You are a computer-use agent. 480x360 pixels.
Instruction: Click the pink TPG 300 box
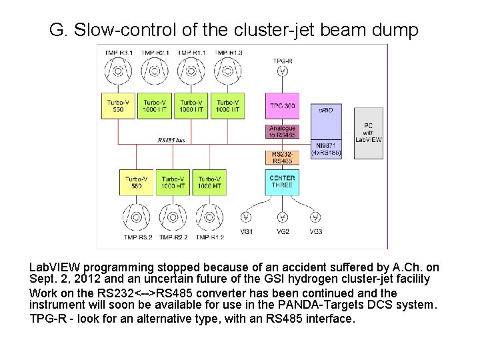click(281, 106)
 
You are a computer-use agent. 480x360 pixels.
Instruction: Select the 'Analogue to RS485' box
click(281, 132)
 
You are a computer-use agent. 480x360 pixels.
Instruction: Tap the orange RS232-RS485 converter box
click(281, 157)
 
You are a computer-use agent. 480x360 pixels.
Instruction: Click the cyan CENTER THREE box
click(281, 181)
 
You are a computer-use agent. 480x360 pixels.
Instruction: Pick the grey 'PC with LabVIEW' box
click(369, 133)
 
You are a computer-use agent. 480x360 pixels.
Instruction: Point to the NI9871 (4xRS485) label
click(326, 149)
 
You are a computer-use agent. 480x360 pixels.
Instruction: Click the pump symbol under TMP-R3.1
click(119, 71)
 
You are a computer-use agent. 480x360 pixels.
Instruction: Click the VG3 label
click(316, 232)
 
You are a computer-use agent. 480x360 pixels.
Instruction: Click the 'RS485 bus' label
click(171, 141)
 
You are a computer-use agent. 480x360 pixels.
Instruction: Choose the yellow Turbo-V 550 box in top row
click(119, 105)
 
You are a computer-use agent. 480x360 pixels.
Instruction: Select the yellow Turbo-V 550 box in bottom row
click(137, 182)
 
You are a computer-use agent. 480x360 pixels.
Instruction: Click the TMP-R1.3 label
click(228, 52)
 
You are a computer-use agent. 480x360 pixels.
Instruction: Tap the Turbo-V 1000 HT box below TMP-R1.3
click(228, 105)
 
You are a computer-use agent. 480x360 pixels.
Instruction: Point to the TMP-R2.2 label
click(173, 237)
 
